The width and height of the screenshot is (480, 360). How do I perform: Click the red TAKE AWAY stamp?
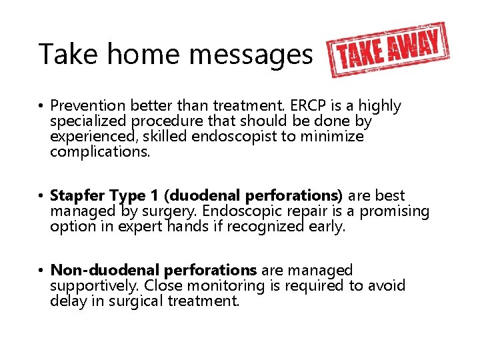[x=388, y=50]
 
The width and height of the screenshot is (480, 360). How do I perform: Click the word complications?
[x=99, y=153]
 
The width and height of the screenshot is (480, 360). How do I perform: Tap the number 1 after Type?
[x=154, y=196]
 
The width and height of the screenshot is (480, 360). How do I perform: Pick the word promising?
[x=393, y=212]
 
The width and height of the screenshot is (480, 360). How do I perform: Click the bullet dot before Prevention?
[x=41, y=107]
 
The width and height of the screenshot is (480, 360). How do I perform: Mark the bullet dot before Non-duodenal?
[x=41, y=271]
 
